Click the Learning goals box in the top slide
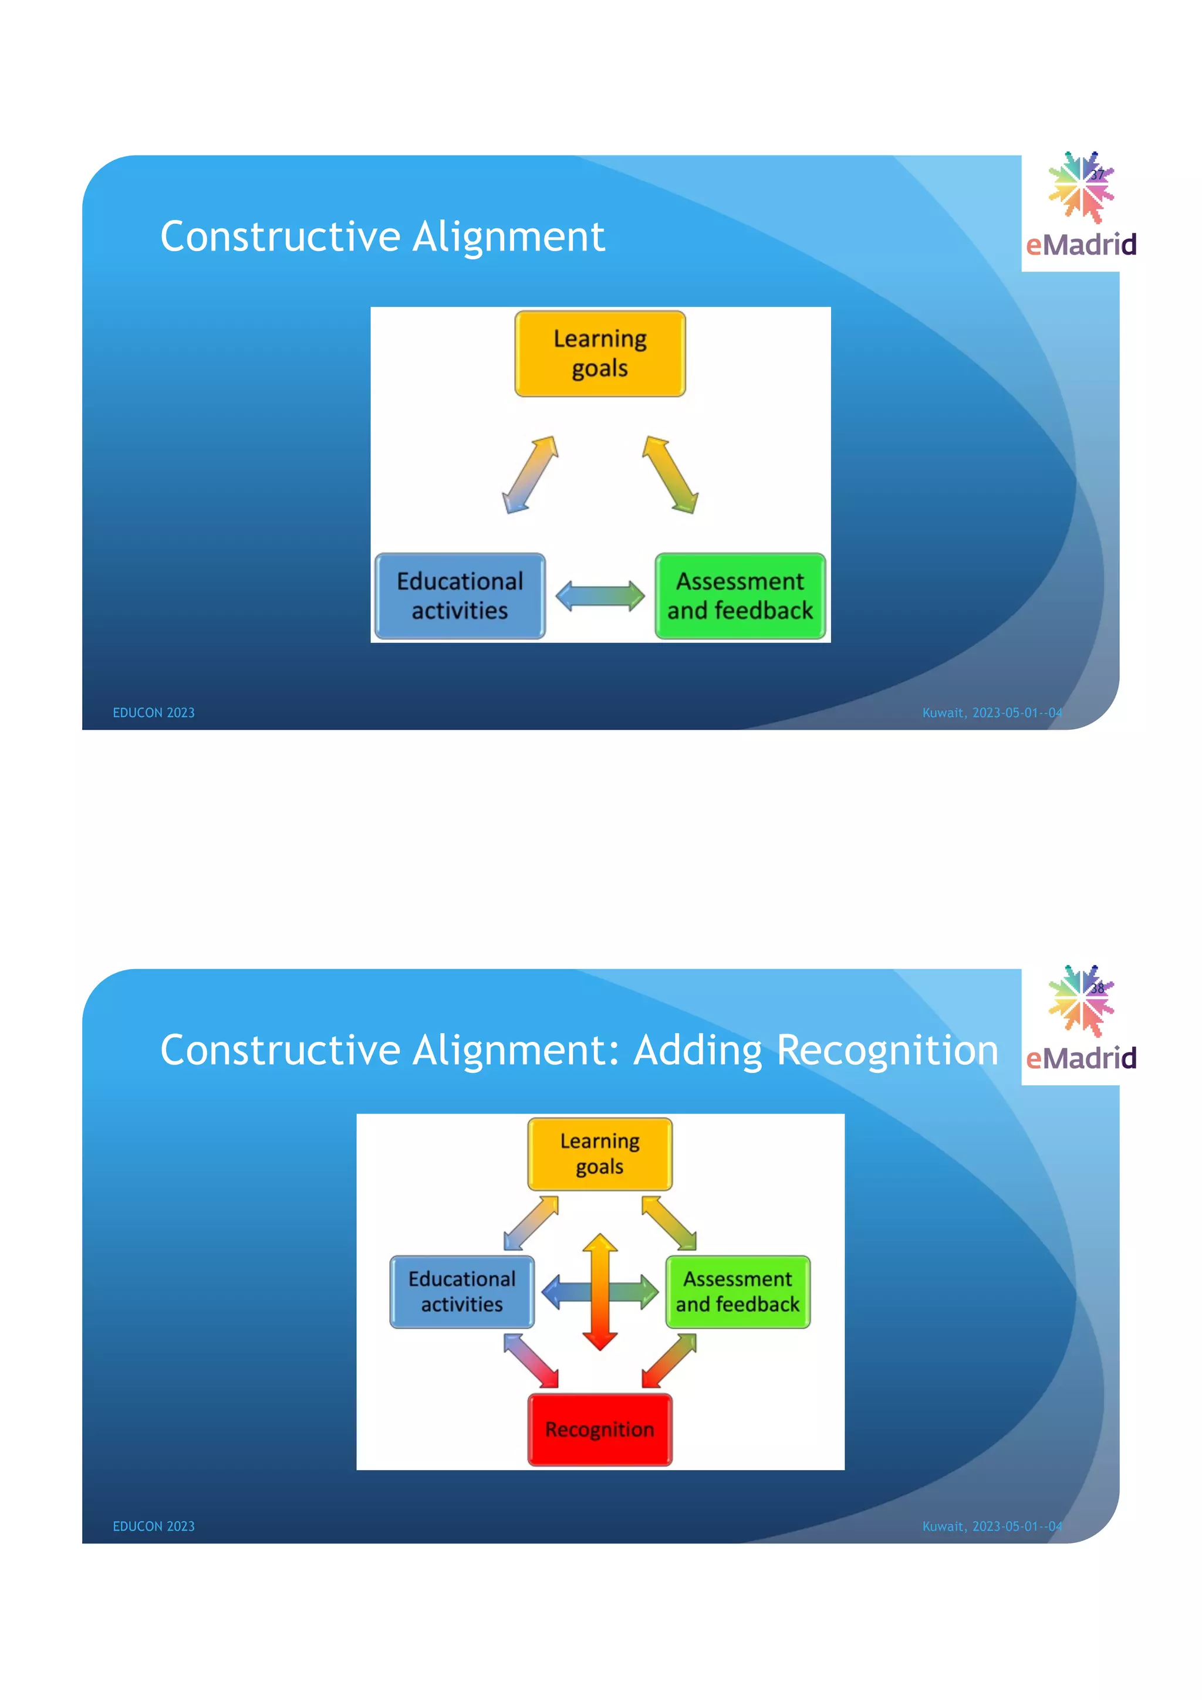600,354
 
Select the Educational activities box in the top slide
460,596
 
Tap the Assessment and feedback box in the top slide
740,596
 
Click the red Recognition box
600,1429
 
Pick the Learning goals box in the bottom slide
600,1153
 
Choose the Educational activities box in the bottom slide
462,1291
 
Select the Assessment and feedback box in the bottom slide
738,1291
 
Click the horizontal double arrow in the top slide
600,596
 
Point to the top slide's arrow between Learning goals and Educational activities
530,475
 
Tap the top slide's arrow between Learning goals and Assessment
670,475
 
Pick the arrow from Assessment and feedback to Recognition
668,1360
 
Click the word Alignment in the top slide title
509,237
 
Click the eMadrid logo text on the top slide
1081,245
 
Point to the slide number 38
1098,988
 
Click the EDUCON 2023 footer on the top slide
153,712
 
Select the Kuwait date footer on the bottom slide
992,1526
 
